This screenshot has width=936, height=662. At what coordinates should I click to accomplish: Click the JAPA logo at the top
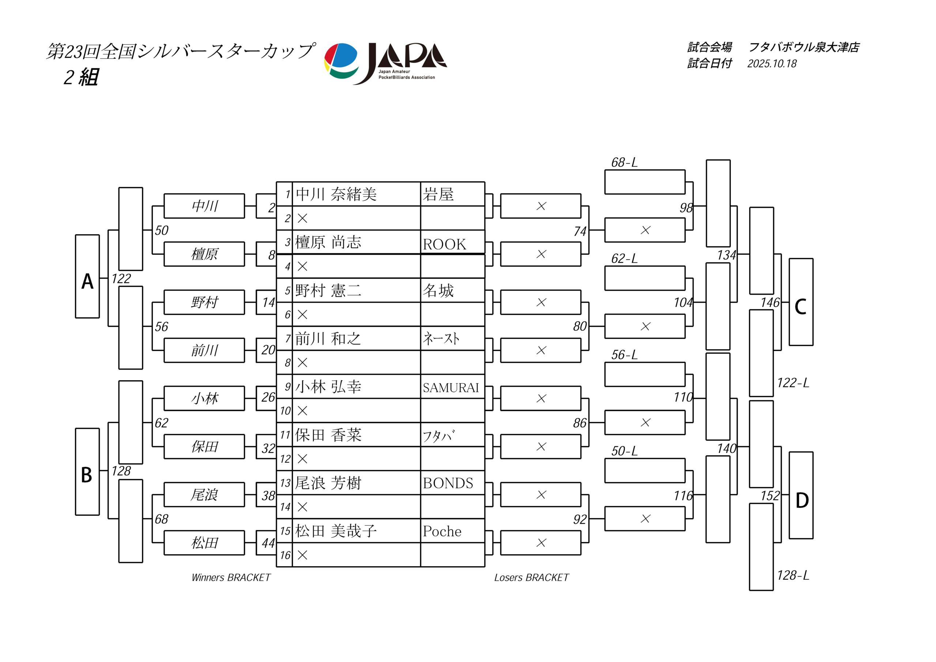(x=385, y=63)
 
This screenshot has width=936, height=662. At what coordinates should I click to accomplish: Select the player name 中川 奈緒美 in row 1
(x=336, y=194)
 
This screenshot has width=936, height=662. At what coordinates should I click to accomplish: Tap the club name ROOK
(x=444, y=244)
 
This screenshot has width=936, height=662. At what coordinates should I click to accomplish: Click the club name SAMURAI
(x=450, y=387)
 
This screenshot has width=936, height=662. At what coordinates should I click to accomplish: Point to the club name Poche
(x=442, y=531)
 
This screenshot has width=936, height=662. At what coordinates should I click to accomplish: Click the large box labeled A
(x=87, y=276)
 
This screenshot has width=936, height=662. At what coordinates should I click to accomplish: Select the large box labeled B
(x=87, y=472)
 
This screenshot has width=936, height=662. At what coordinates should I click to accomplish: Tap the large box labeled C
(x=801, y=302)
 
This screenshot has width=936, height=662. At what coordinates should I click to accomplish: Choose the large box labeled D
(x=801, y=495)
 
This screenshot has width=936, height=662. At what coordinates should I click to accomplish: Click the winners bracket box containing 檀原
(x=204, y=254)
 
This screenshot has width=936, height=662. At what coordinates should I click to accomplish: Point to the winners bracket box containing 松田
(x=204, y=543)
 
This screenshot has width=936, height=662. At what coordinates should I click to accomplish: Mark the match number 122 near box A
(x=121, y=279)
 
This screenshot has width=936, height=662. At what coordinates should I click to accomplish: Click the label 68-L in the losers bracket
(x=624, y=163)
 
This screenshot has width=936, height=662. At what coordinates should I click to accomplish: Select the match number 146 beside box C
(x=770, y=302)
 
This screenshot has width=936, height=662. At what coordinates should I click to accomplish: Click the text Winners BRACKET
(x=231, y=578)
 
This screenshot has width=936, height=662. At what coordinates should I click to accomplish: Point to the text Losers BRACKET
(x=531, y=578)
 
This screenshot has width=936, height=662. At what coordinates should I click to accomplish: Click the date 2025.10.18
(x=772, y=64)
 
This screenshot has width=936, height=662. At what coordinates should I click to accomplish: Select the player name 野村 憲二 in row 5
(x=328, y=291)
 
